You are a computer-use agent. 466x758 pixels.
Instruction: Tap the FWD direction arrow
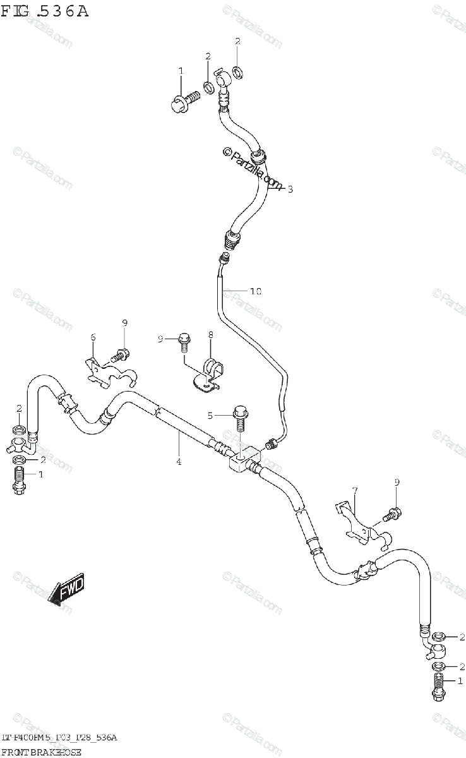[x=66, y=590]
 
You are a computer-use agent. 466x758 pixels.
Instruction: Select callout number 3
[x=290, y=188]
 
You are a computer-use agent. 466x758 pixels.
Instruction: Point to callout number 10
[x=255, y=291]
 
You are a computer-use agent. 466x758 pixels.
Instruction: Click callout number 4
[x=179, y=462]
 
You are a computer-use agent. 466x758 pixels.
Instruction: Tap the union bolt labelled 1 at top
[x=185, y=100]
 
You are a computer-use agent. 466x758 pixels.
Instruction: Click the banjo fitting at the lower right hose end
[x=438, y=649]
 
